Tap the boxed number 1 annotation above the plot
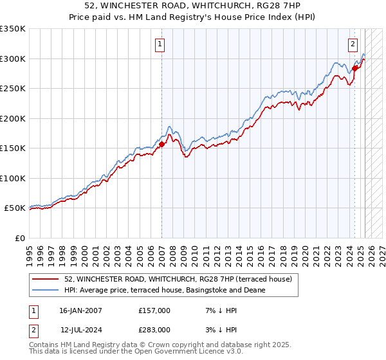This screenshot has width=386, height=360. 159,44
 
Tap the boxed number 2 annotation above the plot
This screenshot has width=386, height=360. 353,44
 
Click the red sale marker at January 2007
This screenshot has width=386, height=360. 161,145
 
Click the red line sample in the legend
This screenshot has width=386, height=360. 46,279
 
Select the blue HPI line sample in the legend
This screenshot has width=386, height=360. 46,290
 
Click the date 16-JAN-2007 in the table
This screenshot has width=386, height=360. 80,310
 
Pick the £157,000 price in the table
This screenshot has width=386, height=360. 154,310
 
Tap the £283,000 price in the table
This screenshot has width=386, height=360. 154,330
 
